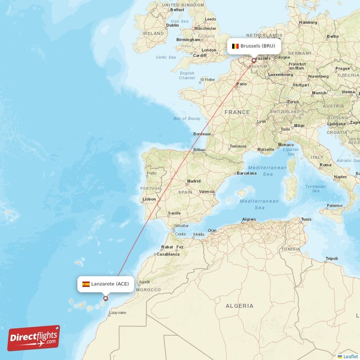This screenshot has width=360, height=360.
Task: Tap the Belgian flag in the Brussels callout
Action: coord(235,46)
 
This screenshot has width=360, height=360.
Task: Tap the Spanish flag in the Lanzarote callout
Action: coord(85,284)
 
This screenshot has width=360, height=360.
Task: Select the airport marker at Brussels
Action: coord(253,60)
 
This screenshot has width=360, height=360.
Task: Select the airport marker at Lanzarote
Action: coord(106,298)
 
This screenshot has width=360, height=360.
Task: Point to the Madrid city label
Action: coord(194,181)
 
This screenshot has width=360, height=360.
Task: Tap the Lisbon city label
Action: coord(149,199)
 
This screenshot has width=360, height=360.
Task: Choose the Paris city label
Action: coord(242,84)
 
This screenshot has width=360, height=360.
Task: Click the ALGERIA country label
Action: coord(239,306)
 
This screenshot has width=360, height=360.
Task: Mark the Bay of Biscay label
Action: coord(187,118)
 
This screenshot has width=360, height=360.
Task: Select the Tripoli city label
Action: coord(332,258)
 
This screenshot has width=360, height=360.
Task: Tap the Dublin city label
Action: coord(172,25)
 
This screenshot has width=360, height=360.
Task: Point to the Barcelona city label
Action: coord(247,173)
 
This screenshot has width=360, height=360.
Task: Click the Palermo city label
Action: coord(334,206)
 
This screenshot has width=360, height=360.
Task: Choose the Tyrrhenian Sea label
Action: coord(315,189)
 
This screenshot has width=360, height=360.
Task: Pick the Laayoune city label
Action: coord(118,312)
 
